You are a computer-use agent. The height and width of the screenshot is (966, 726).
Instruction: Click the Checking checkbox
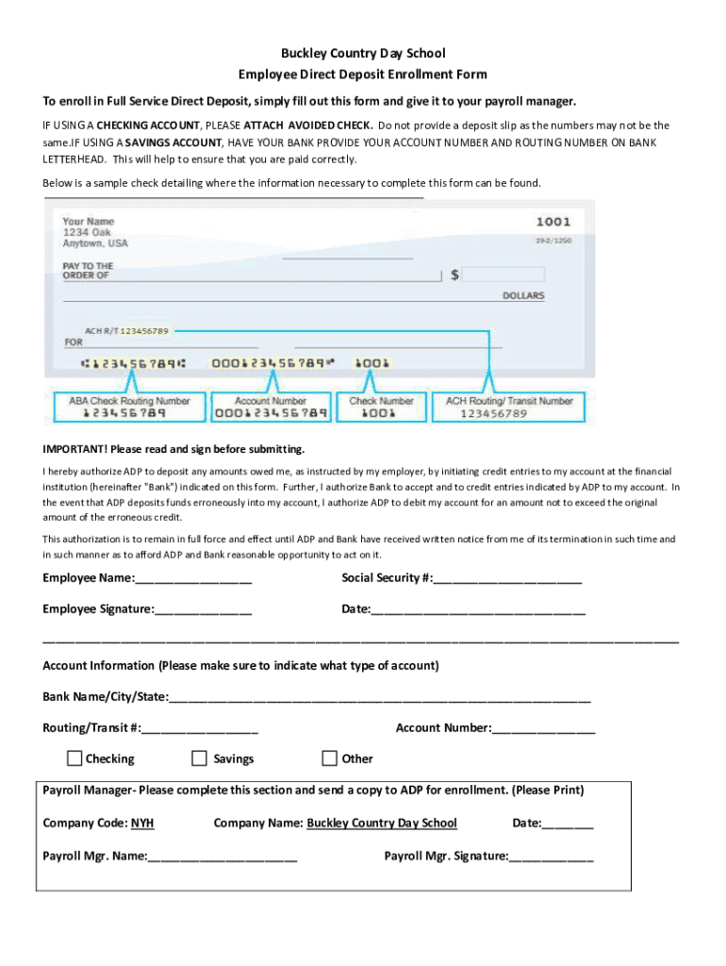[x=74, y=758]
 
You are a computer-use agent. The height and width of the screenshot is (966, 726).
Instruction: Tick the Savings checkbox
[x=199, y=758]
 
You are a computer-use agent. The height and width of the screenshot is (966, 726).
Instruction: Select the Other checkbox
[x=329, y=758]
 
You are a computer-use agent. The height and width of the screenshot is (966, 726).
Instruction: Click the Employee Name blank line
[x=193, y=579]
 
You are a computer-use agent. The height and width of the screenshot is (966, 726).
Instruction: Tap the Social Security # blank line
[x=507, y=579]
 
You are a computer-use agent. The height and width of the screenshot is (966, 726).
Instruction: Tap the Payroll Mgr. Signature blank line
[x=552, y=858]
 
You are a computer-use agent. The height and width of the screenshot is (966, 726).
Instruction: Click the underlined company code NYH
[x=142, y=824]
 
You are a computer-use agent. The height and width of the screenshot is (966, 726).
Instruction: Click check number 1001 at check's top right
[x=553, y=222]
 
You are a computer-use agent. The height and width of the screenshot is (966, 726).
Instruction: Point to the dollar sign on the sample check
[x=455, y=275]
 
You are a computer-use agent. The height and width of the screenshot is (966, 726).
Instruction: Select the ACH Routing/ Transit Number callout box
[x=509, y=407]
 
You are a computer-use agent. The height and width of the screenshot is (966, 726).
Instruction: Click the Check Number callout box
[x=381, y=407]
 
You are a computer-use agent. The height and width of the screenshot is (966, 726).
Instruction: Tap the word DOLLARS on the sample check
[x=523, y=296]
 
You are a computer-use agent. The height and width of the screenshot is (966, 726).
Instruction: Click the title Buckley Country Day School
[x=363, y=54]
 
